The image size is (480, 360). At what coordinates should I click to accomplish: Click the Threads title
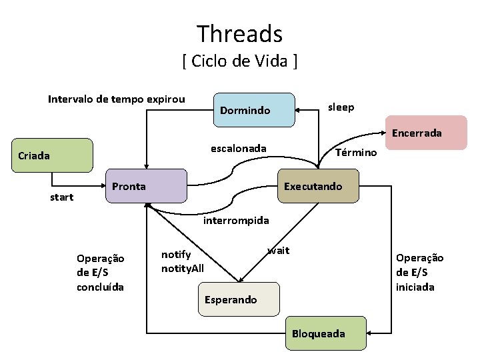tap(239, 33)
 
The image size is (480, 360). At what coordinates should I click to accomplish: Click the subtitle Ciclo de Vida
tap(239, 62)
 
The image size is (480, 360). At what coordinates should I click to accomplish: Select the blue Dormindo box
tap(254, 110)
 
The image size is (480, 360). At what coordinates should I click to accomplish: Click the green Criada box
tap(53, 155)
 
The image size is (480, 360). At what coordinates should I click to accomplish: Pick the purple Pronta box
tap(146, 186)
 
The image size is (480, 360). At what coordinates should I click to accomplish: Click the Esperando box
tap(237, 299)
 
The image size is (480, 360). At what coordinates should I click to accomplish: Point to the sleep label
tap(341, 107)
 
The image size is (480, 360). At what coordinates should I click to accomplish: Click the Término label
tap(357, 153)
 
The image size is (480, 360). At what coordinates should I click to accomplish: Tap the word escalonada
tap(239, 148)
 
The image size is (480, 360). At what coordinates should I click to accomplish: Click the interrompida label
tap(236, 220)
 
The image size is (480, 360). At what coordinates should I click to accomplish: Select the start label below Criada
tap(62, 197)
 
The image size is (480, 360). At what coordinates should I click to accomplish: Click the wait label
tap(278, 251)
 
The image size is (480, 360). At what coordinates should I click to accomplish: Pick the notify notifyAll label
tap(183, 261)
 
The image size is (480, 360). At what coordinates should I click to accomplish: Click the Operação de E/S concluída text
tap(101, 272)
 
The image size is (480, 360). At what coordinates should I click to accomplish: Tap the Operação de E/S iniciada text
tap(419, 272)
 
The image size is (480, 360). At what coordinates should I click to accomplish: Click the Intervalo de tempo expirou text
tap(116, 99)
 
